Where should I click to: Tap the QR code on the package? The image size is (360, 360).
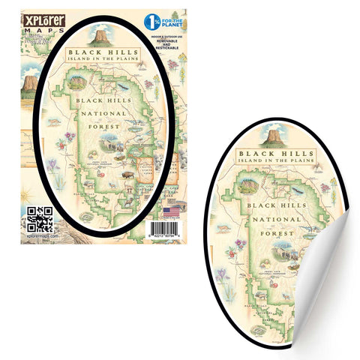pos(39,218)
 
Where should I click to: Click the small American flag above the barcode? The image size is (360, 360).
pos(170,213)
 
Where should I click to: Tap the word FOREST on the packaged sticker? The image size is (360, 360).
pos(110,128)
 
